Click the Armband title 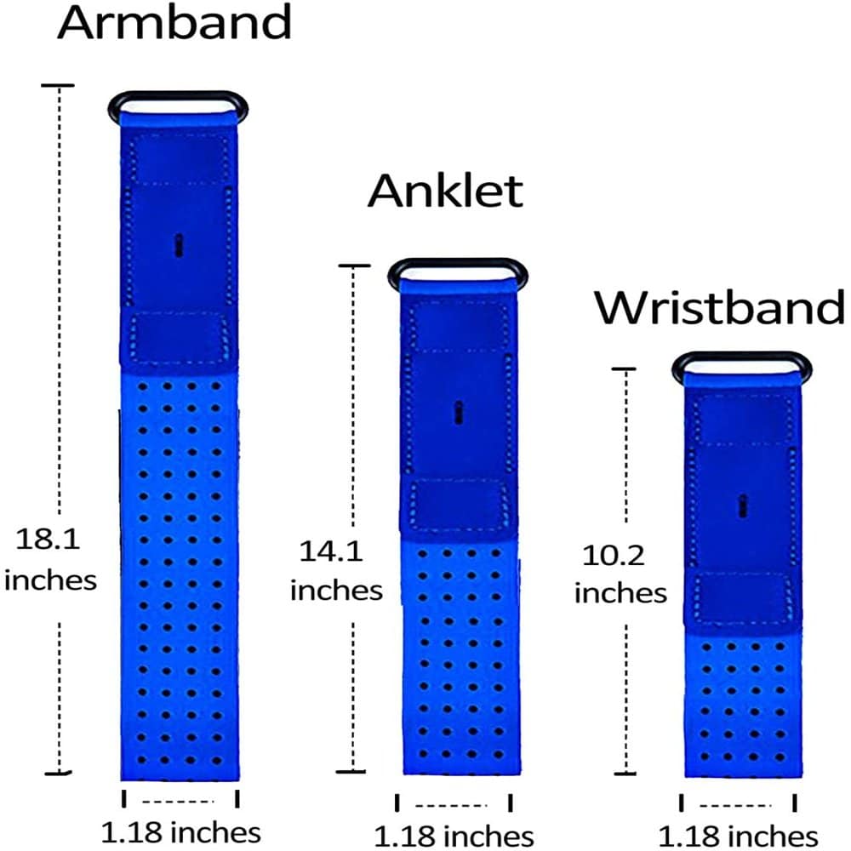(x=174, y=24)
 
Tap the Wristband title (x=720, y=307)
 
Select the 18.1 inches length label (x=50, y=559)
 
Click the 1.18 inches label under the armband (x=180, y=831)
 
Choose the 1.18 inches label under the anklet (x=454, y=835)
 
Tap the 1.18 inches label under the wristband (x=739, y=835)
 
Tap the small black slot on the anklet (x=459, y=412)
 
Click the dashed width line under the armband (x=180, y=801)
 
